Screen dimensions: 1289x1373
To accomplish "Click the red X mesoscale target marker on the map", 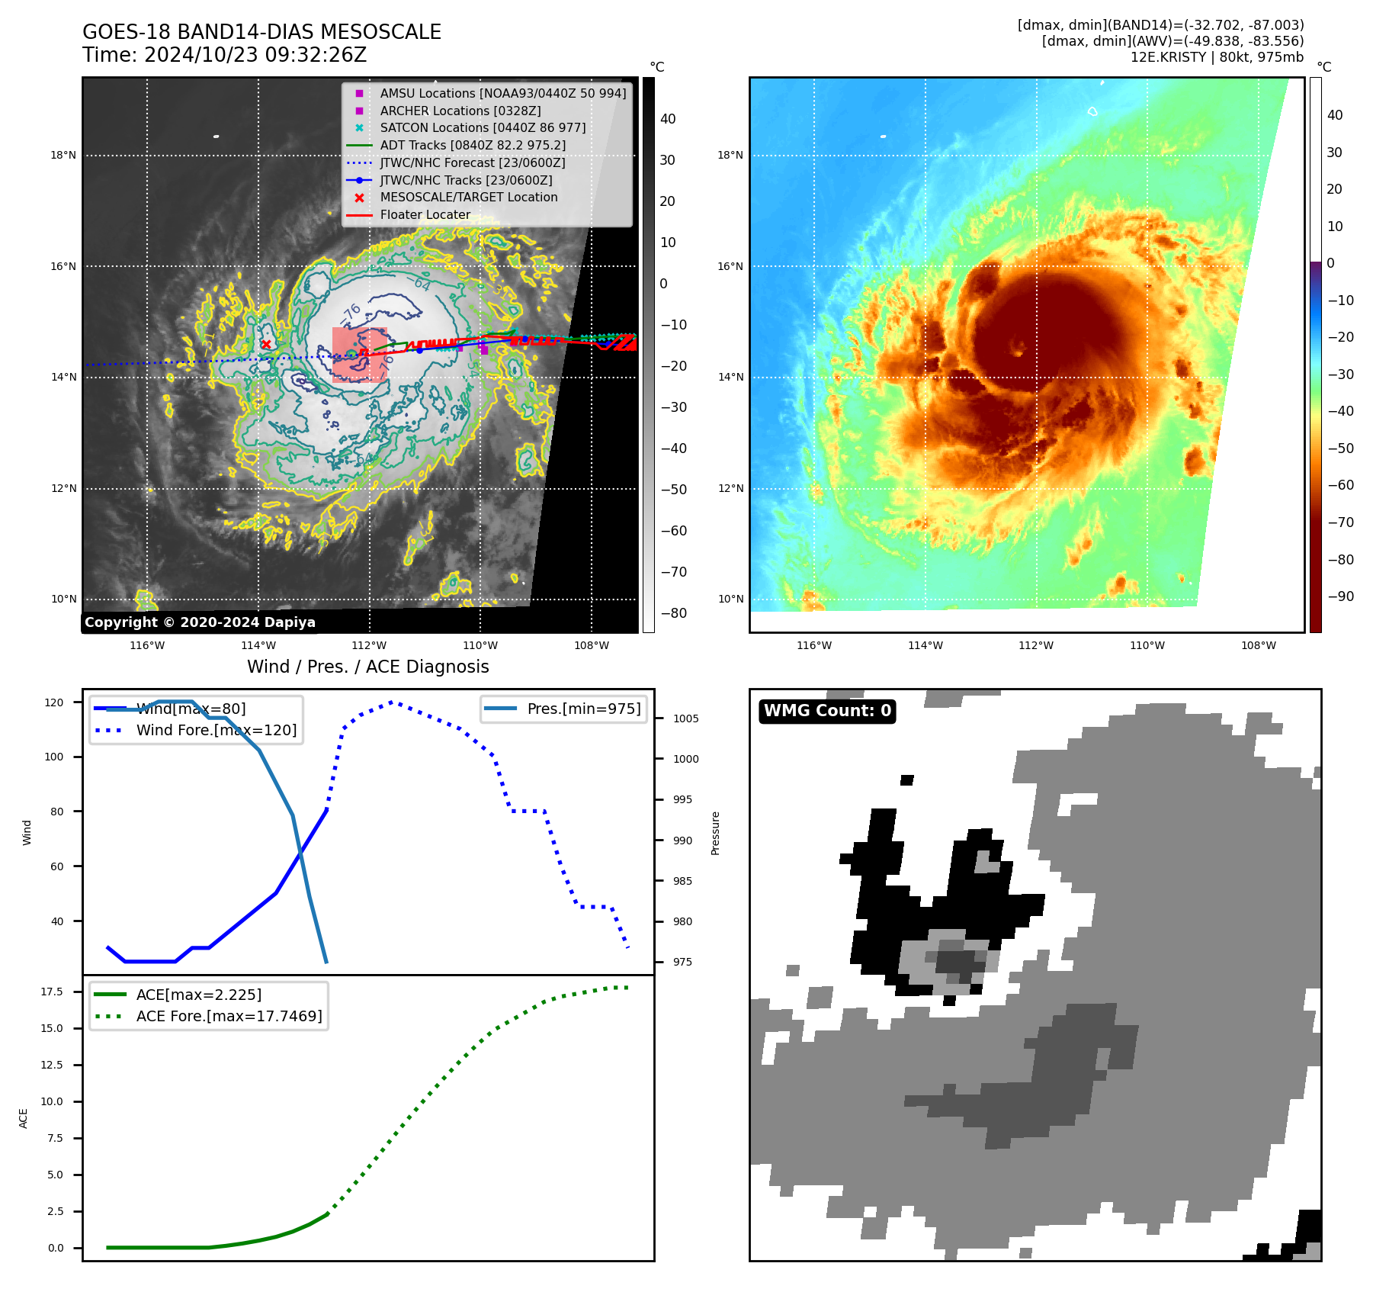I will coord(266,345).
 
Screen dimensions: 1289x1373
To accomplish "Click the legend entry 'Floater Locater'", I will coord(425,215).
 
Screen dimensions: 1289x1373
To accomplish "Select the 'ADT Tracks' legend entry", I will coord(472,145).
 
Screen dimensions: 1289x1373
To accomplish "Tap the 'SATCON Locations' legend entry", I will coord(483,127).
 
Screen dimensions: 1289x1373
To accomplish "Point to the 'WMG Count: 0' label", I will coord(827,711).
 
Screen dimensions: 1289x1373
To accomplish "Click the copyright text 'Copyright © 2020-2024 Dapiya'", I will coord(200,622).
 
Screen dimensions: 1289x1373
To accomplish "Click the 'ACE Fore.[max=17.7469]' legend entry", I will coord(229,1016).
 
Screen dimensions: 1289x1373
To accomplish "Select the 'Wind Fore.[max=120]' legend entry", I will coord(216,730).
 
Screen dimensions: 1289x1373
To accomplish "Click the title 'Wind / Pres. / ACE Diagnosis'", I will coord(368,667).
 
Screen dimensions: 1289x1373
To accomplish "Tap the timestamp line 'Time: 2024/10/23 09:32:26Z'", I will coord(225,56).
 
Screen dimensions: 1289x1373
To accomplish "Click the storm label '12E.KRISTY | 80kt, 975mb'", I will coord(1217,57).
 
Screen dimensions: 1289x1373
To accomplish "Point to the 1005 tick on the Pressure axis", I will coord(685,718).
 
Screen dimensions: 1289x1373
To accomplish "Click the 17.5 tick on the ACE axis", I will coord(52,992).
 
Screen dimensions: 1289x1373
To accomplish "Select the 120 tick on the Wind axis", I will coord(54,702).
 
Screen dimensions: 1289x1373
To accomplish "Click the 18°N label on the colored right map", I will coord(730,156).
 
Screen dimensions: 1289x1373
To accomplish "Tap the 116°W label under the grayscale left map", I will coord(147,645).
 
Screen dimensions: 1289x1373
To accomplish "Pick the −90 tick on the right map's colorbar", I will coord(1340,596).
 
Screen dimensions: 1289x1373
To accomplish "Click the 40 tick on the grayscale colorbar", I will coord(668,119).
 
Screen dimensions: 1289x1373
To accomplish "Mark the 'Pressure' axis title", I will coord(715,833).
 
